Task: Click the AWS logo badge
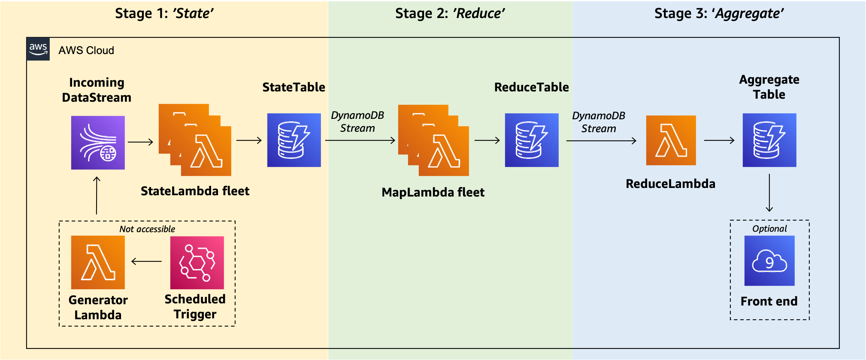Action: pyautogui.click(x=38, y=49)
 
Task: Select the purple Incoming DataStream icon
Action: pyautogui.click(x=98, y=142)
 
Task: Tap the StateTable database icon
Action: pyautogui.click(x=294, y=140)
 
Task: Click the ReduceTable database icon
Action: pyautogui.click(x=532, y=140)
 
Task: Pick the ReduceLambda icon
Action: pyautogui.click(x=671, y=140)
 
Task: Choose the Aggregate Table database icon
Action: pyautogui.click(x=769, y=140)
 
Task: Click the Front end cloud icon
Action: pyautogui.click(x=769, y=261)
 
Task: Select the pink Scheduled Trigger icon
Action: pyautogui.click(x=197, y=263)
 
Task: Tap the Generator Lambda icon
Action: pyautogui.click(x=98, y=263)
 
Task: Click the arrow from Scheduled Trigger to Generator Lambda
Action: pyautogui.click(x=147, y=261)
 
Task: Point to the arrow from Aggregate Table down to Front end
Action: pyautogui.click(x=769, y=193)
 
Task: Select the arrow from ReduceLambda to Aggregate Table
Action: pyautogui.click(x=719, y=140)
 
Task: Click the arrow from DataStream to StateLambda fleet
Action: pyautogui.click(x=141, y=142)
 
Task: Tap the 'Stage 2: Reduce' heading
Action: pyautogui.click(x=450, y=14)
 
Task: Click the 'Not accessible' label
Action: pyautogui.click(x=147, y=229)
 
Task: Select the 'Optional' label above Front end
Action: pyautogui.click(x=769, y=229)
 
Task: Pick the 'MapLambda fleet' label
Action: pyautogui.click(x=433, y=192)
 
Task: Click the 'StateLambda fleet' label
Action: pyautogui.click(x=195, y=191)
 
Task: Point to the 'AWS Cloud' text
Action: pyautogui.click(x=86, y=50)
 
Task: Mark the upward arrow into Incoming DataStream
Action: pyautogui.click(x=97, y=195)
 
